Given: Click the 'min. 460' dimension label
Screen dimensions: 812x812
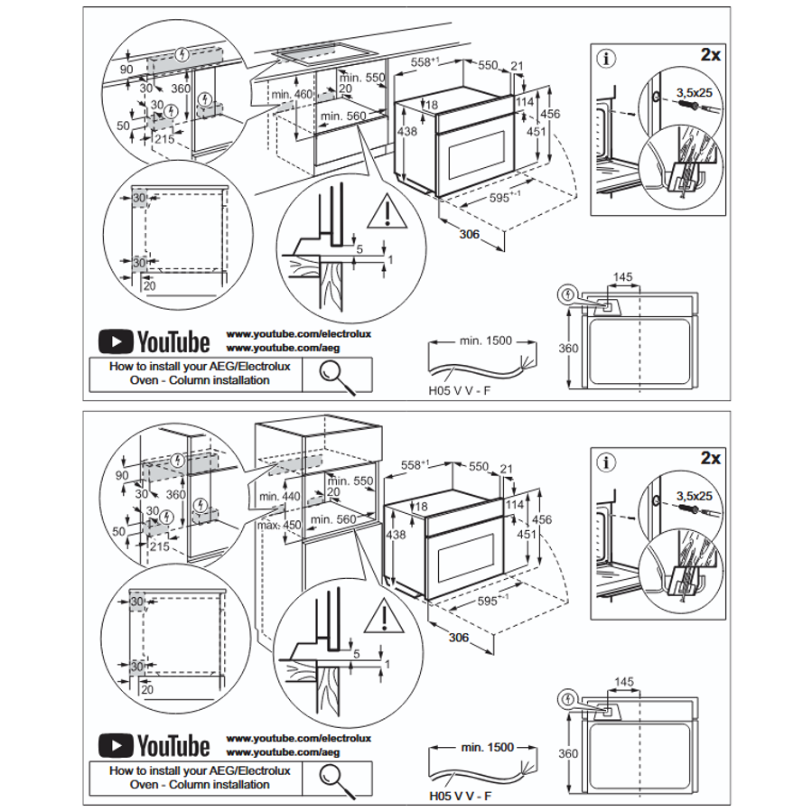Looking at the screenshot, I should point(290,95).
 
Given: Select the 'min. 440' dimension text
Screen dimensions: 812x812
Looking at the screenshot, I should point(279,496).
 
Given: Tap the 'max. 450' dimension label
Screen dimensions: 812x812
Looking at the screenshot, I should point(279,525).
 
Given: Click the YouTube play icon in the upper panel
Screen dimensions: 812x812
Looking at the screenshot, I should point(116,341).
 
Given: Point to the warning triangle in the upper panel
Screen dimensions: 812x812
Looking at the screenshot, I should point(387,211).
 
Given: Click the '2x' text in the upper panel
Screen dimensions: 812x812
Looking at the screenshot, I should point(710,54).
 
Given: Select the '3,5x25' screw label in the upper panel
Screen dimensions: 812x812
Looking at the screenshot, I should point(694,92).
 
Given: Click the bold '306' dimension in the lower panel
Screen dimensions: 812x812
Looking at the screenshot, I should point(461,639).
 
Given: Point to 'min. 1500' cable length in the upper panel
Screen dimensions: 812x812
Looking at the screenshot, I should point(485,341).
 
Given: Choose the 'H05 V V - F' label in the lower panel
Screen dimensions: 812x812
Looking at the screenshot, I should point(460,797).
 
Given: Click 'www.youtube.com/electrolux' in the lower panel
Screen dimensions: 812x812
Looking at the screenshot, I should point(285,738).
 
